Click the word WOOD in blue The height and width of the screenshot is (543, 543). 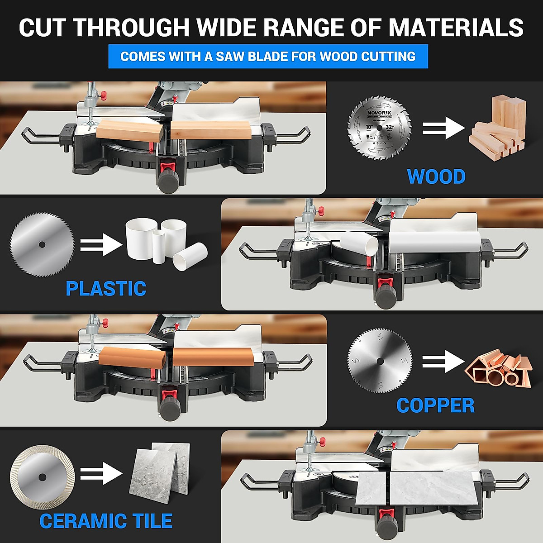click(436, 176)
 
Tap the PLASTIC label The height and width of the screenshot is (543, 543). click(106, 289)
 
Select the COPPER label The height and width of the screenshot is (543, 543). click(435, 405)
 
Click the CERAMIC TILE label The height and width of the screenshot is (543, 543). click(106, 521)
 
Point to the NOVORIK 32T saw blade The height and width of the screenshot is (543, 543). click(379, 128)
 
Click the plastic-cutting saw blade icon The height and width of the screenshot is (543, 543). click(42, 244)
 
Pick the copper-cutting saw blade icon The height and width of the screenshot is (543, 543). click(380, 361)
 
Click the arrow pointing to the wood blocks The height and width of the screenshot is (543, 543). click(443, 128)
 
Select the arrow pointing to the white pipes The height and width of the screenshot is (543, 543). click(101, 245)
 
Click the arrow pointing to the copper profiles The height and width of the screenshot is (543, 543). click(443, 361)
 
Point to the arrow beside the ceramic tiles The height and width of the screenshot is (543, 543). click(101, 474)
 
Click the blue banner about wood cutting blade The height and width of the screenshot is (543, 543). click(268, 57)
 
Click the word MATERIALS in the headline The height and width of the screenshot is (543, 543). click(456, 28)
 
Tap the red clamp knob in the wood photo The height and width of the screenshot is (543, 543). click(103, 95)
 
